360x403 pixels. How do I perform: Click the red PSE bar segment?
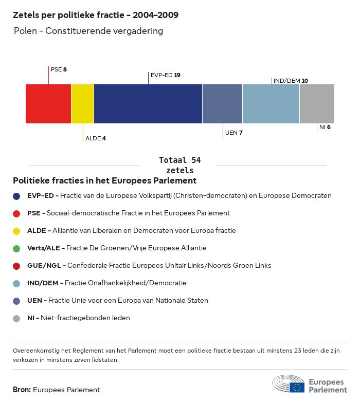point(48,103)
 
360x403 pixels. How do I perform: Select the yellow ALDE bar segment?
point(82,103)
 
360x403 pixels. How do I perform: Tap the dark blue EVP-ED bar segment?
point(148,103)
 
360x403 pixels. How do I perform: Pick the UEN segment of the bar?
point(222,103)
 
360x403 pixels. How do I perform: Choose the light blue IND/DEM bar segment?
point(271,103)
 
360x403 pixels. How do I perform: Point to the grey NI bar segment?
point(317,103)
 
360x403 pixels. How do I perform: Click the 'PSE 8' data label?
point(59,69)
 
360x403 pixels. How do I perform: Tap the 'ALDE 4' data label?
point(95,138)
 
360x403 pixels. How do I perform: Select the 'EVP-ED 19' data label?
point(165,75)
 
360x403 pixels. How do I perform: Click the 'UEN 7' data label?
point(233,133)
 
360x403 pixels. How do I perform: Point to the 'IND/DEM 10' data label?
point(291,81)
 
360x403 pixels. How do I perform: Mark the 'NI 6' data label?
point(325,127)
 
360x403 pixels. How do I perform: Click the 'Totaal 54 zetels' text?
point(179,165)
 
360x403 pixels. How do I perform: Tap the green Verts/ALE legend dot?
point(16,248)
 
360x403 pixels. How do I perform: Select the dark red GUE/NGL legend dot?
point(16,266)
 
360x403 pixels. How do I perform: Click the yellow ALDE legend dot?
point(16,231)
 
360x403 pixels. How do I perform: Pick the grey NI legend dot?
point(16,318)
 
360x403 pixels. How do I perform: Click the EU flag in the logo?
point(297,387)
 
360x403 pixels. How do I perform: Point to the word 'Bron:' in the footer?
point(22,390)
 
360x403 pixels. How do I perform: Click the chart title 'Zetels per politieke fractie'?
point(95,15)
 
